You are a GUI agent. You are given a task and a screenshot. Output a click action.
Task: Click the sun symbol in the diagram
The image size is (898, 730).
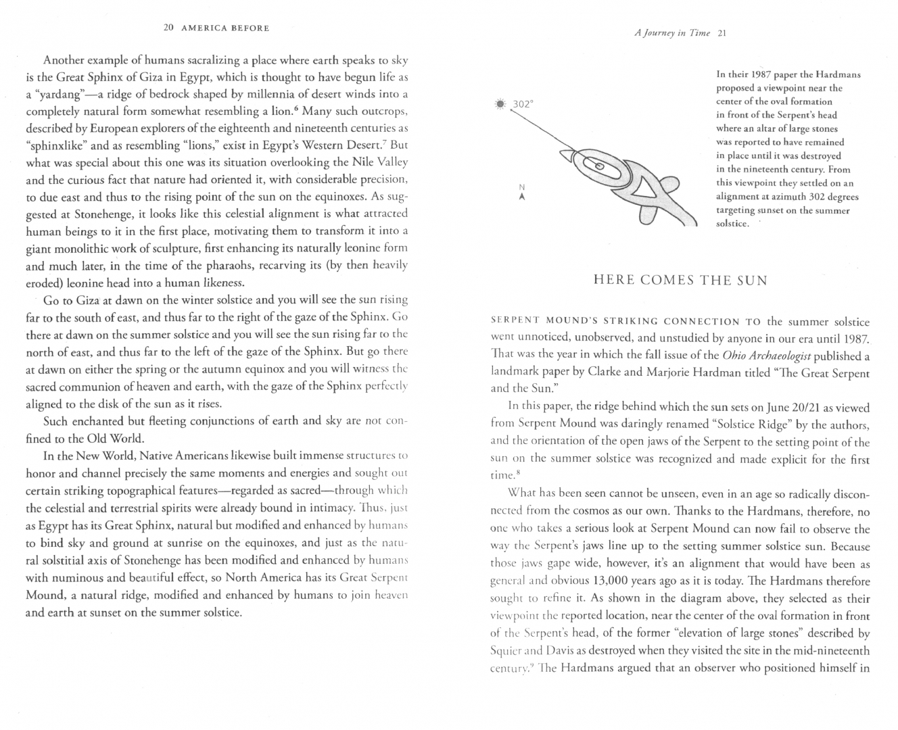click(x=500, y=105)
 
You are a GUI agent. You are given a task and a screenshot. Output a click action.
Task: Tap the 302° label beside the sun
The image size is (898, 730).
click(x=523, y=105)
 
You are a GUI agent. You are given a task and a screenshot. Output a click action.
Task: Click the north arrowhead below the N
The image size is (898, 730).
click(x=521, y=197)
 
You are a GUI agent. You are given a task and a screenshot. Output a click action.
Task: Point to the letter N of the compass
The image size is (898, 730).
click(x=521, y=187)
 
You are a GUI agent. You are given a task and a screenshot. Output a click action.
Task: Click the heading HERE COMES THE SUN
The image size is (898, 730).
click(x=680, y=281)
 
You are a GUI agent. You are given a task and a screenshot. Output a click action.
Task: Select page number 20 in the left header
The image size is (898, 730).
click(x=169, y=28)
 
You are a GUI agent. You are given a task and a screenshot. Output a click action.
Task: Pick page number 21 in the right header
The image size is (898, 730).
click(x=721, y=33)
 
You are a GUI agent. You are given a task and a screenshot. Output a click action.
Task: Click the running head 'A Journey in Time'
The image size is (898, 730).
click(x=672, y=33)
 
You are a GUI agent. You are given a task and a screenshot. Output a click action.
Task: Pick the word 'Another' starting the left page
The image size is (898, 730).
click(x=61, y=60)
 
